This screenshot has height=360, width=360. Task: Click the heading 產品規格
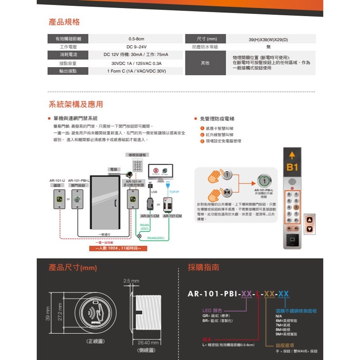pyautogui.click(x=64, y=22)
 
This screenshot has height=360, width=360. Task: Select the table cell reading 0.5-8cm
pyautogui.click(x=136, y=39)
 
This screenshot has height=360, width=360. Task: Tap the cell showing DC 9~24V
pyautogui.click(x=136, y=47)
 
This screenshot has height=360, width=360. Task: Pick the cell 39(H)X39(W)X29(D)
pyautogui.click(x=268, y=39)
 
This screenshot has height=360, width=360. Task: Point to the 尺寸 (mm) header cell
pyautogui.click(x=205, y=39)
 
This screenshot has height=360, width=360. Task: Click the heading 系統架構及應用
pyautogui.click(x=76, y=104)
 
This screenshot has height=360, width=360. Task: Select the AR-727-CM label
pyautogui.click(x=172, y=216)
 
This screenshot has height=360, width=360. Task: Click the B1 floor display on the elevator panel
pyautogui.click(x=292, y=168)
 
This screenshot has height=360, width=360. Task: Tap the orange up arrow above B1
pyautogui.click(x=292, y=155)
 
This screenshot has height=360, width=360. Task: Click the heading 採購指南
pyautogui.click(x=204, y=268)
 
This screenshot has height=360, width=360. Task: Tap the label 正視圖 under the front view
pyautogui.click(x=95, y=341)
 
